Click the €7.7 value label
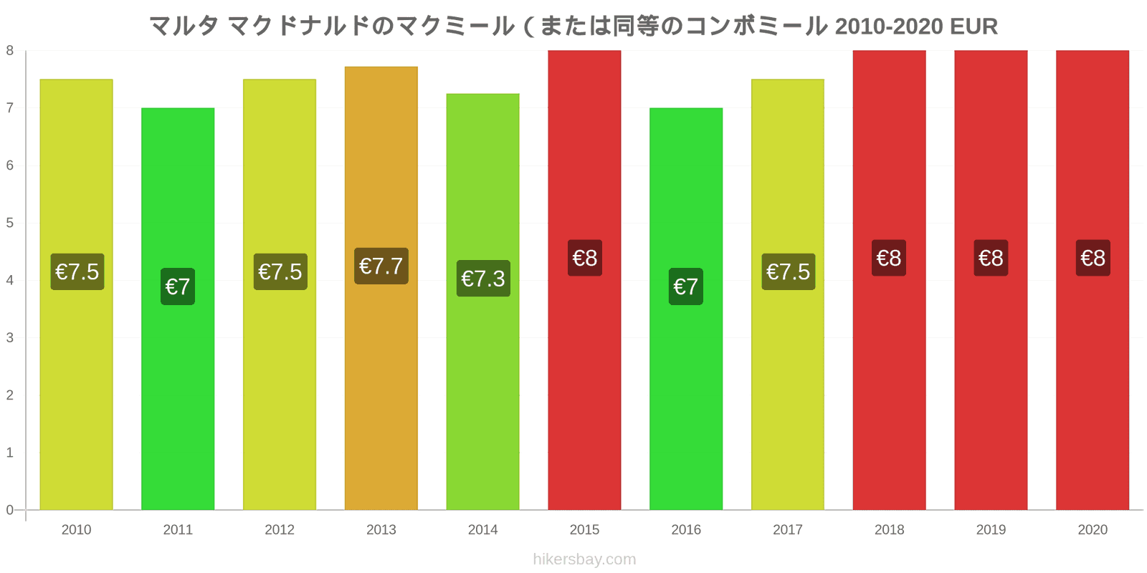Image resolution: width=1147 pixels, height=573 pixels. [381, 266]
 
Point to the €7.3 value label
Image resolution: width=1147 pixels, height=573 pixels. [483, 279]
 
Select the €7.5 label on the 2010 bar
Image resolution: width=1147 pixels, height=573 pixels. [77, 272]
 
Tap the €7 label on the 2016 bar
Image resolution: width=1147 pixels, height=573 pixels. [685, 286]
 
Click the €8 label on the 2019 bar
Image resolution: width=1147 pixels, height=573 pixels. [991, 258]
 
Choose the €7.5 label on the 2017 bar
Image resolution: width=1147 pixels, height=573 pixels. [788, 272]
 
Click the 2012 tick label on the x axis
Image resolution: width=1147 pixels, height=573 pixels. [280, 530]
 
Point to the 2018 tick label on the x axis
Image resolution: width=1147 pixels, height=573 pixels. [889, 530]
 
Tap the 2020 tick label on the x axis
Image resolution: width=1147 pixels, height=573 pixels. [1093, 530]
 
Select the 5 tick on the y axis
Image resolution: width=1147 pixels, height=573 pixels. [10, 223]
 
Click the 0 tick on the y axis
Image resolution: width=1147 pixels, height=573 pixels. [10, 510]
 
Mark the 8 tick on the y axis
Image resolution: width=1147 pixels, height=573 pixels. [10, 51]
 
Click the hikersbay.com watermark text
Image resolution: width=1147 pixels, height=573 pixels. [584, 559]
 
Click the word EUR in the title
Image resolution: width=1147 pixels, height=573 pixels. [974, 27]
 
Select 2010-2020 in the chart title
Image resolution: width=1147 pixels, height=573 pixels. [889, 27]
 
